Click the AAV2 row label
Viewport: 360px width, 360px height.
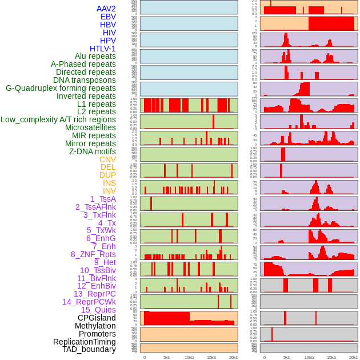pos(106,9)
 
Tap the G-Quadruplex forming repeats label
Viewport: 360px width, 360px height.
pos(61,88)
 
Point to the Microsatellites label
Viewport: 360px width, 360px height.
pos(90,127)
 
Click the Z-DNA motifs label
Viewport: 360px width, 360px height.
pos(92,151)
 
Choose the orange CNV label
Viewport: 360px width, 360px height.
pos(107,159)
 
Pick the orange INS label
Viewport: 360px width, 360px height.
pos(109,183)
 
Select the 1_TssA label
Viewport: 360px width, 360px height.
pos(103,199)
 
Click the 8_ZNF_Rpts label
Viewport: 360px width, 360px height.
pos(93,254)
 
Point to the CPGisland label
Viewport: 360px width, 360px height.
pos(97,318)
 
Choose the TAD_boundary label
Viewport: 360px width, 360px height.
pos(89,349)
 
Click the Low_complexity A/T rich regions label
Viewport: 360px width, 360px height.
pos(58,119)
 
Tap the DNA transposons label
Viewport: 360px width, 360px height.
pos(85,80)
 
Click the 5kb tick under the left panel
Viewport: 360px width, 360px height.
pos(167,357)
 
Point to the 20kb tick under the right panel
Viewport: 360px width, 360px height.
pos(353,357)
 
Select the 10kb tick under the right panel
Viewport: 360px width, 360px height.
pos(309,357)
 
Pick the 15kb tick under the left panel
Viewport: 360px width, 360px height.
pos(211,357)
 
